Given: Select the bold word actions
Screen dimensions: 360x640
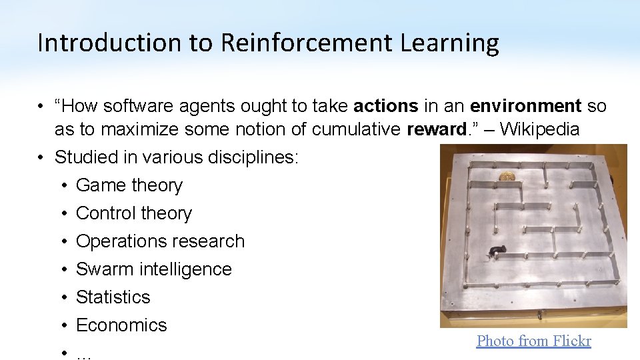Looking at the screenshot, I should tap(386, 106).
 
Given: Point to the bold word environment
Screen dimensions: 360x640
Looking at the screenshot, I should tap(526, 106).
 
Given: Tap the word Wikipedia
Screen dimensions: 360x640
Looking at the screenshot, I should tap(539, 129).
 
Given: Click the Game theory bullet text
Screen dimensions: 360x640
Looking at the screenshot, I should tap(129, 185).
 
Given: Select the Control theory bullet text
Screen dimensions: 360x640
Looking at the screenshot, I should tap(134, 213).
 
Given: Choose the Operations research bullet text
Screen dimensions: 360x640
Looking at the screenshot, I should tap(161, 241).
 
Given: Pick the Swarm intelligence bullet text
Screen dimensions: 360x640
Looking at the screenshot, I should tap(154, 269).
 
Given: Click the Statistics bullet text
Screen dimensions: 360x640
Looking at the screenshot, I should tap(113, 297).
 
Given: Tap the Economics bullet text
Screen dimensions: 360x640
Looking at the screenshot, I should tap(121, 325).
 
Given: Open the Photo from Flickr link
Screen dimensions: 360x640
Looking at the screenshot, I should tap(533, 341).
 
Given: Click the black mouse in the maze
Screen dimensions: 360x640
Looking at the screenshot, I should tap(496, 251).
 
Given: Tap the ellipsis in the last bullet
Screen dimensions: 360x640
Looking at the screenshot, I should tap(83, 354).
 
